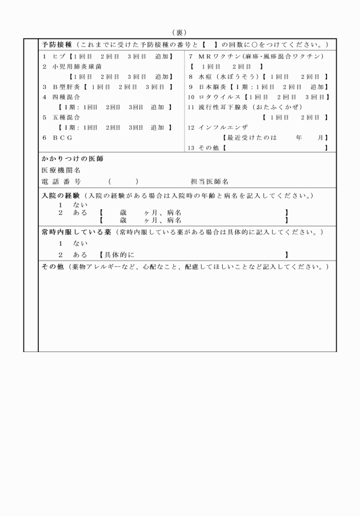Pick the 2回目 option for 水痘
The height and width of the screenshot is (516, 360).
click(311, 77)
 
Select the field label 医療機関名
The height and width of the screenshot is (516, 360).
click(61, 170)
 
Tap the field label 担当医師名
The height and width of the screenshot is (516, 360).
click(209, 181)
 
